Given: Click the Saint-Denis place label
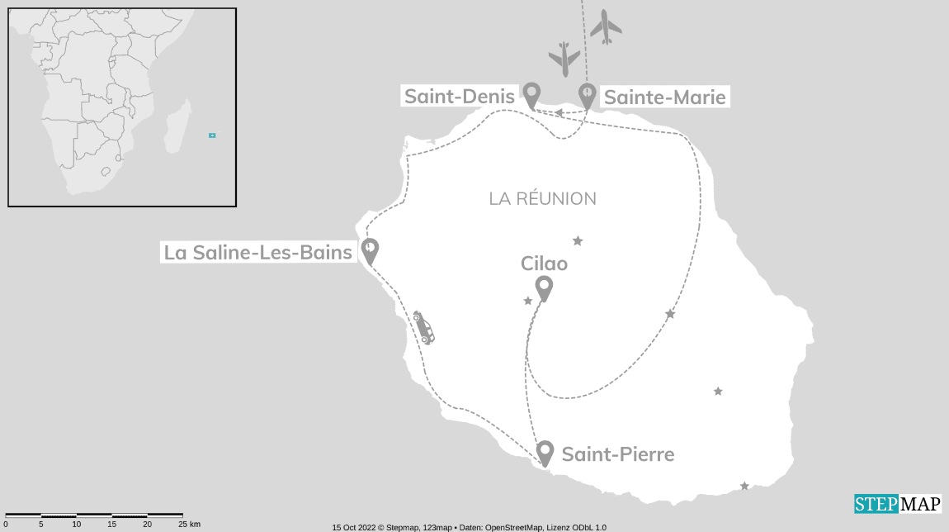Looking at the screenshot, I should tap(459, 97).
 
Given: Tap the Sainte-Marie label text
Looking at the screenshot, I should tap(664, 97).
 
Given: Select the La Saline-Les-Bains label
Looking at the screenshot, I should tap(258, 252).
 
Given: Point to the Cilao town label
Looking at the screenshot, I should tap(544, 263).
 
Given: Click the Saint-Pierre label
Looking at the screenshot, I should tap(617, 454).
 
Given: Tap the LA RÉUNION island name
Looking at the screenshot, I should tap(542, 199).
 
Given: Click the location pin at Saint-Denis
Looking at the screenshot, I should tap(532, 94).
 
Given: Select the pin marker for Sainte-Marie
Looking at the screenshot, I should tap(587, 94).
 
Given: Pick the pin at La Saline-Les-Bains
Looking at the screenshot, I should tap(371, 250).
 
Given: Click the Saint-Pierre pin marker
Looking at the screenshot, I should tap(545, 453).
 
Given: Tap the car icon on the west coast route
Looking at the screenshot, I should tap(423, 328).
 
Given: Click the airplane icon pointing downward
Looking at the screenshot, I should tap(564, 59).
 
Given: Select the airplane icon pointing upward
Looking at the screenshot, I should tap(607, 27).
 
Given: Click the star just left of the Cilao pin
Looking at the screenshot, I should tap(528, 301).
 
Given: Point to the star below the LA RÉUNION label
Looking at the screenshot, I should tap(578, 241).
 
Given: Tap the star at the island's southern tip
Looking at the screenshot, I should tap(744, 486).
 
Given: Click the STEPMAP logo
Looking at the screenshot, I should tap(896, 504).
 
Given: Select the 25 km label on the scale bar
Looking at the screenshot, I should tap(189, 524).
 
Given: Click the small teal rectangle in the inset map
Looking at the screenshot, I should tap(212, 135).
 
